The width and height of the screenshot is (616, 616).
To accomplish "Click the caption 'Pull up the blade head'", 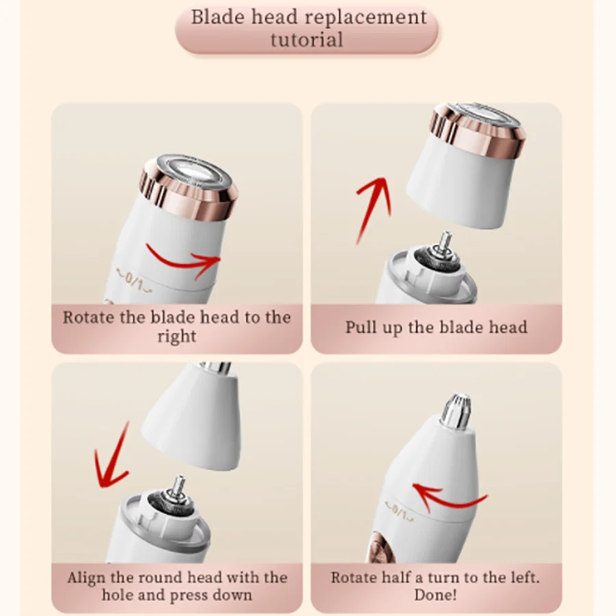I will [x=436, y=327].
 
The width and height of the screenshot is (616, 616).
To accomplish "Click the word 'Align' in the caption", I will [x=87, y=577].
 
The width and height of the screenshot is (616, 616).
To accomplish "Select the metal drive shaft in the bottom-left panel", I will [x=180, y=489].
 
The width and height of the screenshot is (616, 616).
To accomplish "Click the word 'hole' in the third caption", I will [x=118, y=595].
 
